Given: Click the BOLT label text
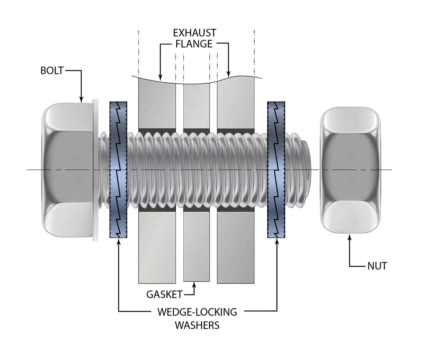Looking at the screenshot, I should point(52,71).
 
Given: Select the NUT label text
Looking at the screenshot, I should point(377,266).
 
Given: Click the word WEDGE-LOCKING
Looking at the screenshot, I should point(197,312).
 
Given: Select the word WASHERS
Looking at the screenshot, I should point(197,326).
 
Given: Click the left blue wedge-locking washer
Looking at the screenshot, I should point(118,170).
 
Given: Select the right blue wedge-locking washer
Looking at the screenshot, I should point(276,170).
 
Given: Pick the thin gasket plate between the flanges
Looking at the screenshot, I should point(196,246).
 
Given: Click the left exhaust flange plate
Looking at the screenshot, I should point(157,246).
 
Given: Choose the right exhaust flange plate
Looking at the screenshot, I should point(236,246).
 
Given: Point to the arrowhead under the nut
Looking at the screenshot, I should point(350,237).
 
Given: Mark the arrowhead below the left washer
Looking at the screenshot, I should point(118,242).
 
